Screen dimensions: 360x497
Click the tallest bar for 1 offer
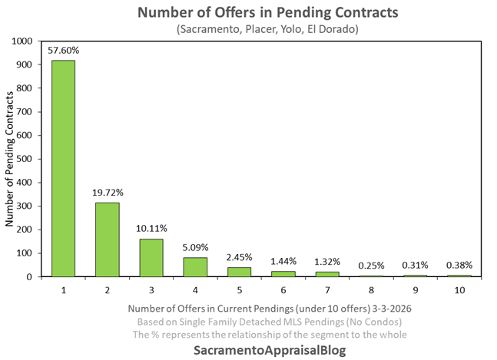pos(63,169)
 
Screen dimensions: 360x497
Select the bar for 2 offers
pos(107,239)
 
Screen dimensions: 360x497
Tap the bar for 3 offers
pos(151,258)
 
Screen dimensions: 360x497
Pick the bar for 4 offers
pos(194,267)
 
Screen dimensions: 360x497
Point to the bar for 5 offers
pos(239,272)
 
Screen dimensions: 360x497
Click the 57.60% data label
pos(63,51)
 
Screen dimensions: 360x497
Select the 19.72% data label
pos(107,193)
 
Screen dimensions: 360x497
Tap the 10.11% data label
pos(151,228)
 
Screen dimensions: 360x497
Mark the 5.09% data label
pos(194,247)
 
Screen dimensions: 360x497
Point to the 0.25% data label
pos(370,266)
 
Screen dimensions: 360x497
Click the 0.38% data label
pos(459,265)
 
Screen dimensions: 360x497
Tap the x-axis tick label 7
pos(326,290)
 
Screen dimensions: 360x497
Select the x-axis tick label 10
pos(459,290)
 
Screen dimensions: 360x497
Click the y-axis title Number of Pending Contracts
pos(10,159)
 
